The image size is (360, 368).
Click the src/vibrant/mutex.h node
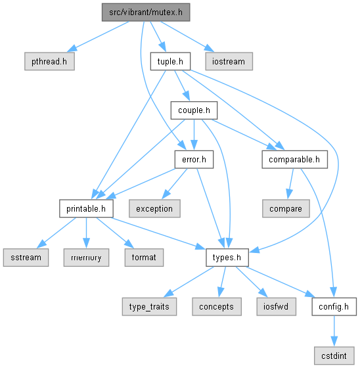pyautogui.click(x=146, y=12)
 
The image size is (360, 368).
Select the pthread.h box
pyautogui.click(x=49, y=61)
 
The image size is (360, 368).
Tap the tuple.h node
pyautogui.click(x=170, y=61)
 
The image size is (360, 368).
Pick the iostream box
pyautogui.click(x=229, y=61)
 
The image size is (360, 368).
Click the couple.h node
pyautogui.click(x=194, y=110)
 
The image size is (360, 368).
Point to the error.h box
pyautogui.click(x=194, y=159)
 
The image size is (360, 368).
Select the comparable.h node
pyautogui.click(x=294, y=159)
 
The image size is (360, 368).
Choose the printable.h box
pyautogui.click(x=86, y=208)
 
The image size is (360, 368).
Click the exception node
pyautogui.click(x=154, y=208)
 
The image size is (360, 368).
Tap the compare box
pyautogui.click(x=286, y=208)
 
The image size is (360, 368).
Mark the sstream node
pyautogui.click(x=26, y=258)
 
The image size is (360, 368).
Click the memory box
pyautogui.click(x=86, y=258)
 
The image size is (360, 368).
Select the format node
pyautogui.click(x=144, y=258)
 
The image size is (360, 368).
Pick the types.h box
pyautogui.click(x=227, y=258)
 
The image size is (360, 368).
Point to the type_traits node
pyautogui.click(x=149, y=306)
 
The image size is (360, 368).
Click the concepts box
pyautogui.click(x=217, y=306)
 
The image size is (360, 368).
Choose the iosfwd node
pyautogui.click(x=276, y=306)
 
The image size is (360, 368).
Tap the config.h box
pyautogui.click(x=334, y=306)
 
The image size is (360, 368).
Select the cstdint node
pyautogui.click(x=334, y=356)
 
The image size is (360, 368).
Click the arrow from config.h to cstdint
pyautogui.click(x=334, y=331)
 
